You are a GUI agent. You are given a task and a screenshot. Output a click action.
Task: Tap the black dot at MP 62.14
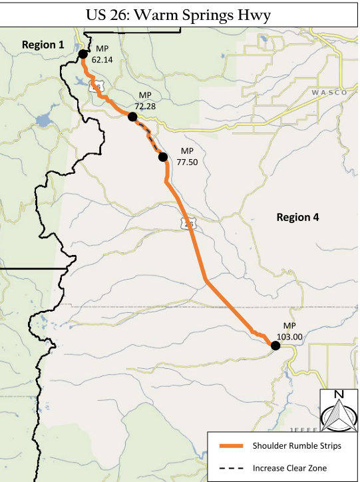point(82,55)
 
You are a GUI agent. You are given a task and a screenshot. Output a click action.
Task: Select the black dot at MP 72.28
point(132,117)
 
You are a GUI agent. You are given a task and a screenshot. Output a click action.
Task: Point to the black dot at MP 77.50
point(162,157)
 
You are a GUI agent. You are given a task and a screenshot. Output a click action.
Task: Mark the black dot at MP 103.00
point(275,345)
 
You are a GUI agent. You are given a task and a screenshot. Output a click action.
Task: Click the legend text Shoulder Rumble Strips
point(297,445)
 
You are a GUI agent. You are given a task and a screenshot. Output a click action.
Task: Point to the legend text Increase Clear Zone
point(290,468)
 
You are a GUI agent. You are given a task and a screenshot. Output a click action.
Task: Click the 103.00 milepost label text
point(289,336)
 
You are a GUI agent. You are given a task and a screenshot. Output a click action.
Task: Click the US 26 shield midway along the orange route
point(189,224)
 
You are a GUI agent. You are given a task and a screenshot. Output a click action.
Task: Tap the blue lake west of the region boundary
point(44,121)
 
